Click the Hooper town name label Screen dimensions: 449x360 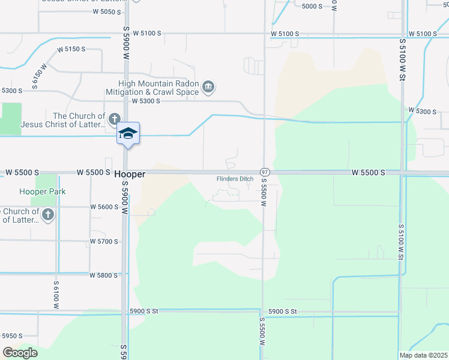[130, 173]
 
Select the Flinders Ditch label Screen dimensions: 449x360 [235, 179]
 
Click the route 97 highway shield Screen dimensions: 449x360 [264, 172]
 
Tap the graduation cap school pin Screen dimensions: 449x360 [128, 133]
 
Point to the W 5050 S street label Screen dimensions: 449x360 [108, 12]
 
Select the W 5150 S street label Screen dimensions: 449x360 [71, 49]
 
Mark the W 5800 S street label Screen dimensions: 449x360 [105, 275]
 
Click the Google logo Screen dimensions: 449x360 [20, 353]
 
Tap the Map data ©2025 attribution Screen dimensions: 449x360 [423, 355]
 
